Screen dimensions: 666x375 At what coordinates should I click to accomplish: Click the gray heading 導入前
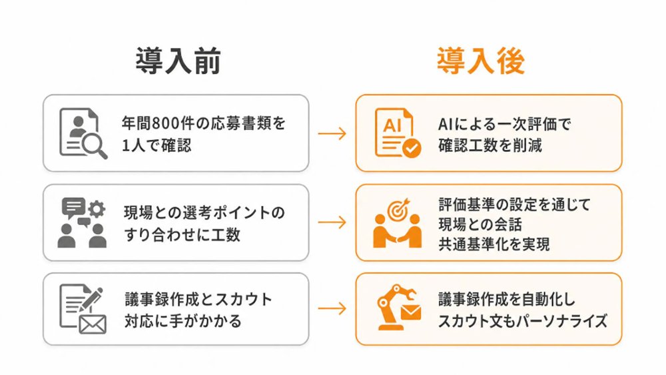pos(178,61)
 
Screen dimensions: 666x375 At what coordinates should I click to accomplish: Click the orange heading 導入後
pos(481,61)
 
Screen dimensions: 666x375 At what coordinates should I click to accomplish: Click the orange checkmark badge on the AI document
pos(411,149)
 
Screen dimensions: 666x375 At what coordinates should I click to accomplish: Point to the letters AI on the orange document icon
pos(392,125)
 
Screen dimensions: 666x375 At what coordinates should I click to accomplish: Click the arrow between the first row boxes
pos(332,133)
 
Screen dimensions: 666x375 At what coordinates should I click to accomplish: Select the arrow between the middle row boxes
pos(332,222)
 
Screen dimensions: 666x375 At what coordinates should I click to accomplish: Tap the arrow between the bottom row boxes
pos(332,308)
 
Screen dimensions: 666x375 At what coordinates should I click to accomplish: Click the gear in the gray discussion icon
pos(97,209)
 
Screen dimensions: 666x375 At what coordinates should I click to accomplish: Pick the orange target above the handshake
pos(398,209)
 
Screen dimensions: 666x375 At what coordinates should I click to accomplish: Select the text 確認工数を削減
pos(490,146)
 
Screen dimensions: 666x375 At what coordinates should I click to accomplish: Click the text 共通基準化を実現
pos(494,244)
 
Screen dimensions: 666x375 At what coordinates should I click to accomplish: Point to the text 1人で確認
pos(157,146)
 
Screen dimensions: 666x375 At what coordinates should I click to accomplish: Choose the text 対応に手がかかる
pos(182,320)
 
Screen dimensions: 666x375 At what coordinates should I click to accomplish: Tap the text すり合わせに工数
pos(182,234)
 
